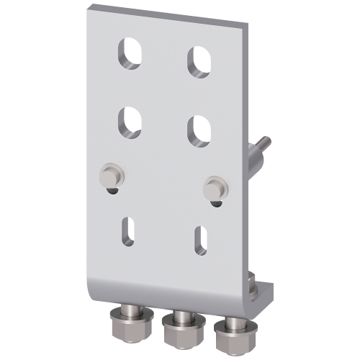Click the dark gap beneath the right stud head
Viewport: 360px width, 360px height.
point(214,204)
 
